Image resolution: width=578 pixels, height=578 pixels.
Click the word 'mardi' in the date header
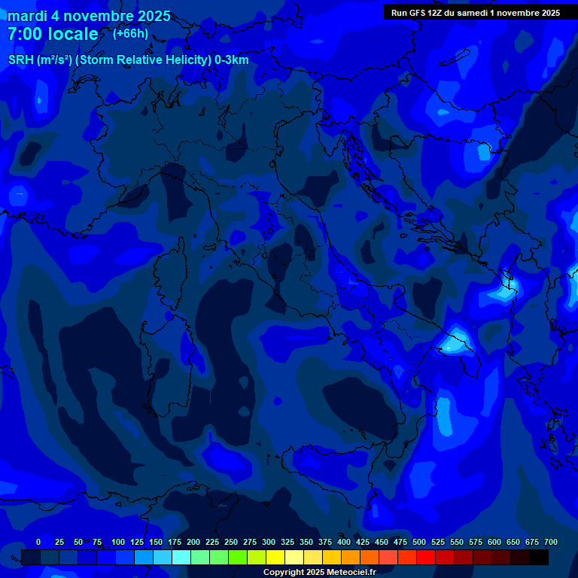26,16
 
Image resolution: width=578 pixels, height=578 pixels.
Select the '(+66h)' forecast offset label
130,33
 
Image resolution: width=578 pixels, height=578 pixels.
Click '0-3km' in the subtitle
232,60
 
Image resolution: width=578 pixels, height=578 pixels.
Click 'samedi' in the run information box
479,13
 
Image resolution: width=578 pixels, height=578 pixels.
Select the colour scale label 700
551,542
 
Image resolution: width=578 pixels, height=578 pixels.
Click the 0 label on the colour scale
38,542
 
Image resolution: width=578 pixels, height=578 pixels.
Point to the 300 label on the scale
269,542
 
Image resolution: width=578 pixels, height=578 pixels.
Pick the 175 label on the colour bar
175,542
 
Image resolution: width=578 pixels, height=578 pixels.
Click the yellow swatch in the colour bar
275,558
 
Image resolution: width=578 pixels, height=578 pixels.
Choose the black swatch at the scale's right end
539,558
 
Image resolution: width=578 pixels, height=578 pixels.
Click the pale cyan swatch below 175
181,558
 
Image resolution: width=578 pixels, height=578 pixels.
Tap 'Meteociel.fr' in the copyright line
347,573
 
